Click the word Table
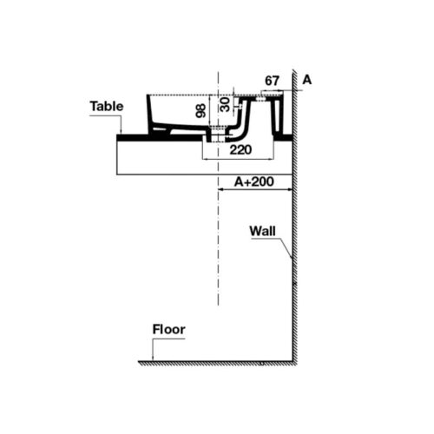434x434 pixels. (x=106, y=107)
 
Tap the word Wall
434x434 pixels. (x=263, y=231)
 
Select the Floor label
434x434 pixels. (x=169, y=330)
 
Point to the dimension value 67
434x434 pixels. (x=273, y=81)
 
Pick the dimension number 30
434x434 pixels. (x=225, y=103)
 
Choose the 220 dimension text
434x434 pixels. (x=241, y=149)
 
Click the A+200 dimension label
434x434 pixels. (x=255, y=183)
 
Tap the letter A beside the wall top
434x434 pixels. (x=307, y=80)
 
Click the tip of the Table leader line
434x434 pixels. (x=122, y=133)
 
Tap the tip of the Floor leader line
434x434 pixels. (x=153, y=360)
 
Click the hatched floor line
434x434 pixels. (x=217, y=363)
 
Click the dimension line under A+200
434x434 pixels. (x=255, y=191)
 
